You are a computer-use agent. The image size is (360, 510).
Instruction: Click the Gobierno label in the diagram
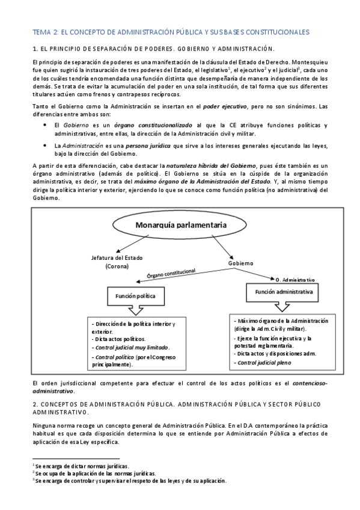241,263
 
